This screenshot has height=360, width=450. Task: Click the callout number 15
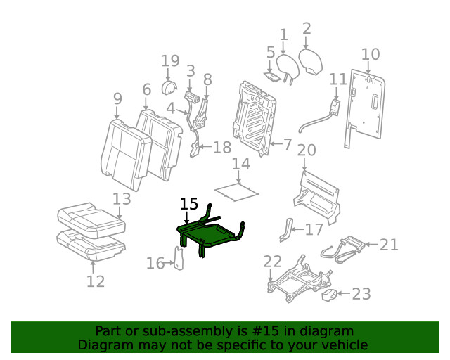(x=188, y=204)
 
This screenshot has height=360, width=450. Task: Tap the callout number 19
(x=170, y=61)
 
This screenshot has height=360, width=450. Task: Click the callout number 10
(x=370, y=54)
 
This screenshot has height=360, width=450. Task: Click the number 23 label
(x=361, y=294)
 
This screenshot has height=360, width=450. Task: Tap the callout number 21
(x=389, y=245)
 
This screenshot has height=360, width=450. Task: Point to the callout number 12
(x=96, y=281)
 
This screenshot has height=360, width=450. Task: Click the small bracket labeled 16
(x=179, y=257)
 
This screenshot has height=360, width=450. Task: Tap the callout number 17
(x=314, y=229)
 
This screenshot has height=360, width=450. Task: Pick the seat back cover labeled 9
(x=125, y=153)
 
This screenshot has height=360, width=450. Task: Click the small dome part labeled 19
(x=169, y=88)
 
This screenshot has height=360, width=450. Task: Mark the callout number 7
(x=287, y=145)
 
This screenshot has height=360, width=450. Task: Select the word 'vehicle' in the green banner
(x=344, y=345)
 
